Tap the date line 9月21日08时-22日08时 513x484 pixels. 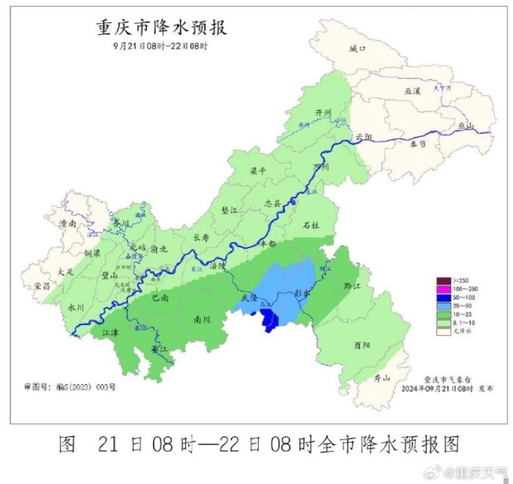[160, 46]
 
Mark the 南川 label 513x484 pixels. [202, 319]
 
